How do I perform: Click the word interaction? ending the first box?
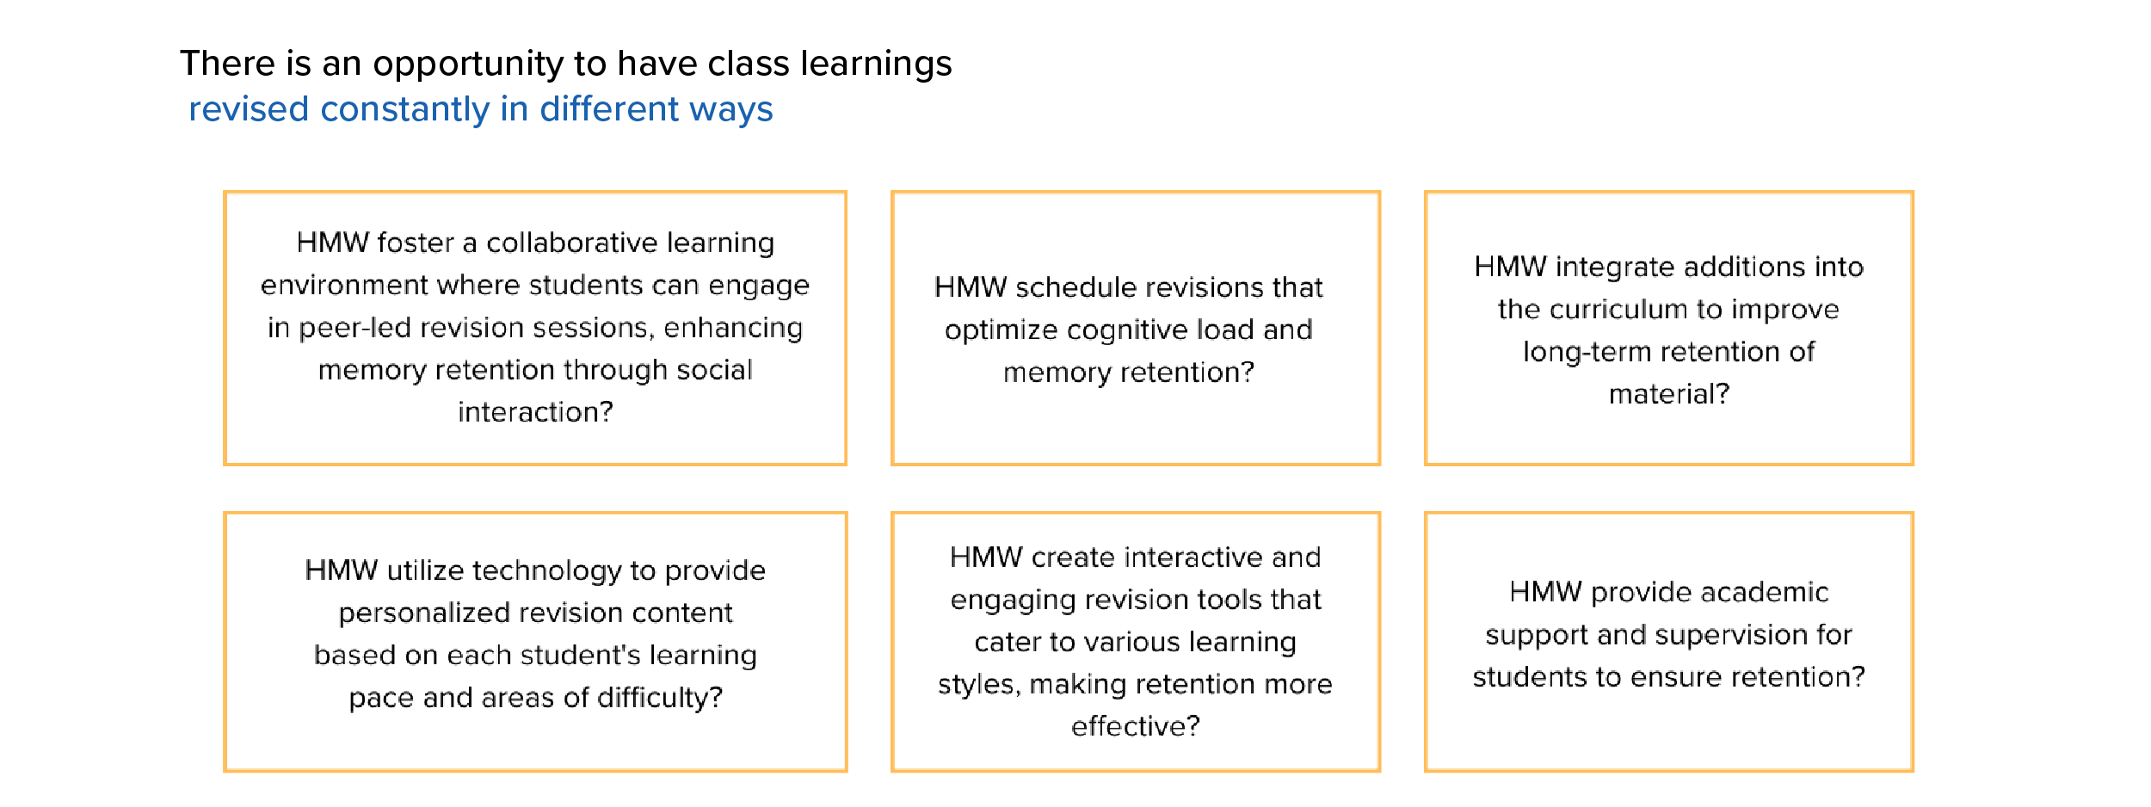tap(535, 412)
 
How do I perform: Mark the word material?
tap(1669, 394)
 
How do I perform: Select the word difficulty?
tap(660, 697)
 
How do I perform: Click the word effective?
tap(1136, 727)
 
